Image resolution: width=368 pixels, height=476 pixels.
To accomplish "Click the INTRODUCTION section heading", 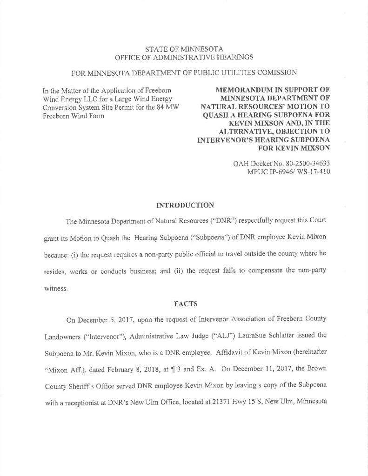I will pos(184,204).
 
